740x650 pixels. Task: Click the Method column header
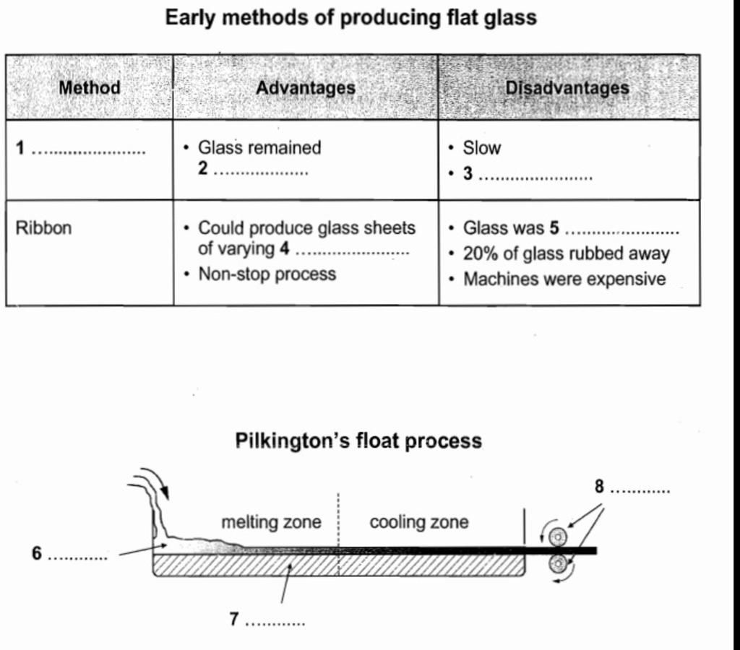[x=90, y=88]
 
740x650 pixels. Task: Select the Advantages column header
[x=306, y=88]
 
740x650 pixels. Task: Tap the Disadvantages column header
[x=567, y=88]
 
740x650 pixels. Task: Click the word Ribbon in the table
[x=44, y=228]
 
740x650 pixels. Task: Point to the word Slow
[x=481, y=148]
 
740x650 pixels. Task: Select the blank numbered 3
[x=535, y=175]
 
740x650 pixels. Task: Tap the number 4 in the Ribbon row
[x=284, y=250]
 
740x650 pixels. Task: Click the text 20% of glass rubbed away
[x=566, y=253]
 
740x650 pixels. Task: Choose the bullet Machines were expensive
[x=564, y=279]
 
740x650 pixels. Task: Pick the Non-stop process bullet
[x=267, y=274]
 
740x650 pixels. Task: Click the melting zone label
[x=271, y=522]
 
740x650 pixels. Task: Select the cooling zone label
[x=418, y=522]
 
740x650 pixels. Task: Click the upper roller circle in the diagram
[x=558, y=537]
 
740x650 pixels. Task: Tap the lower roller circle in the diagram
[x=558, y=563]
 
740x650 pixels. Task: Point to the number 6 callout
[x=37, y=553]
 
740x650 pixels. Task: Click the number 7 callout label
[x=233, y=619]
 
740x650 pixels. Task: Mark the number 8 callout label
[x=599, y=487]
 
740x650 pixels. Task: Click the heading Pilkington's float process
[x=358, y=441]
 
